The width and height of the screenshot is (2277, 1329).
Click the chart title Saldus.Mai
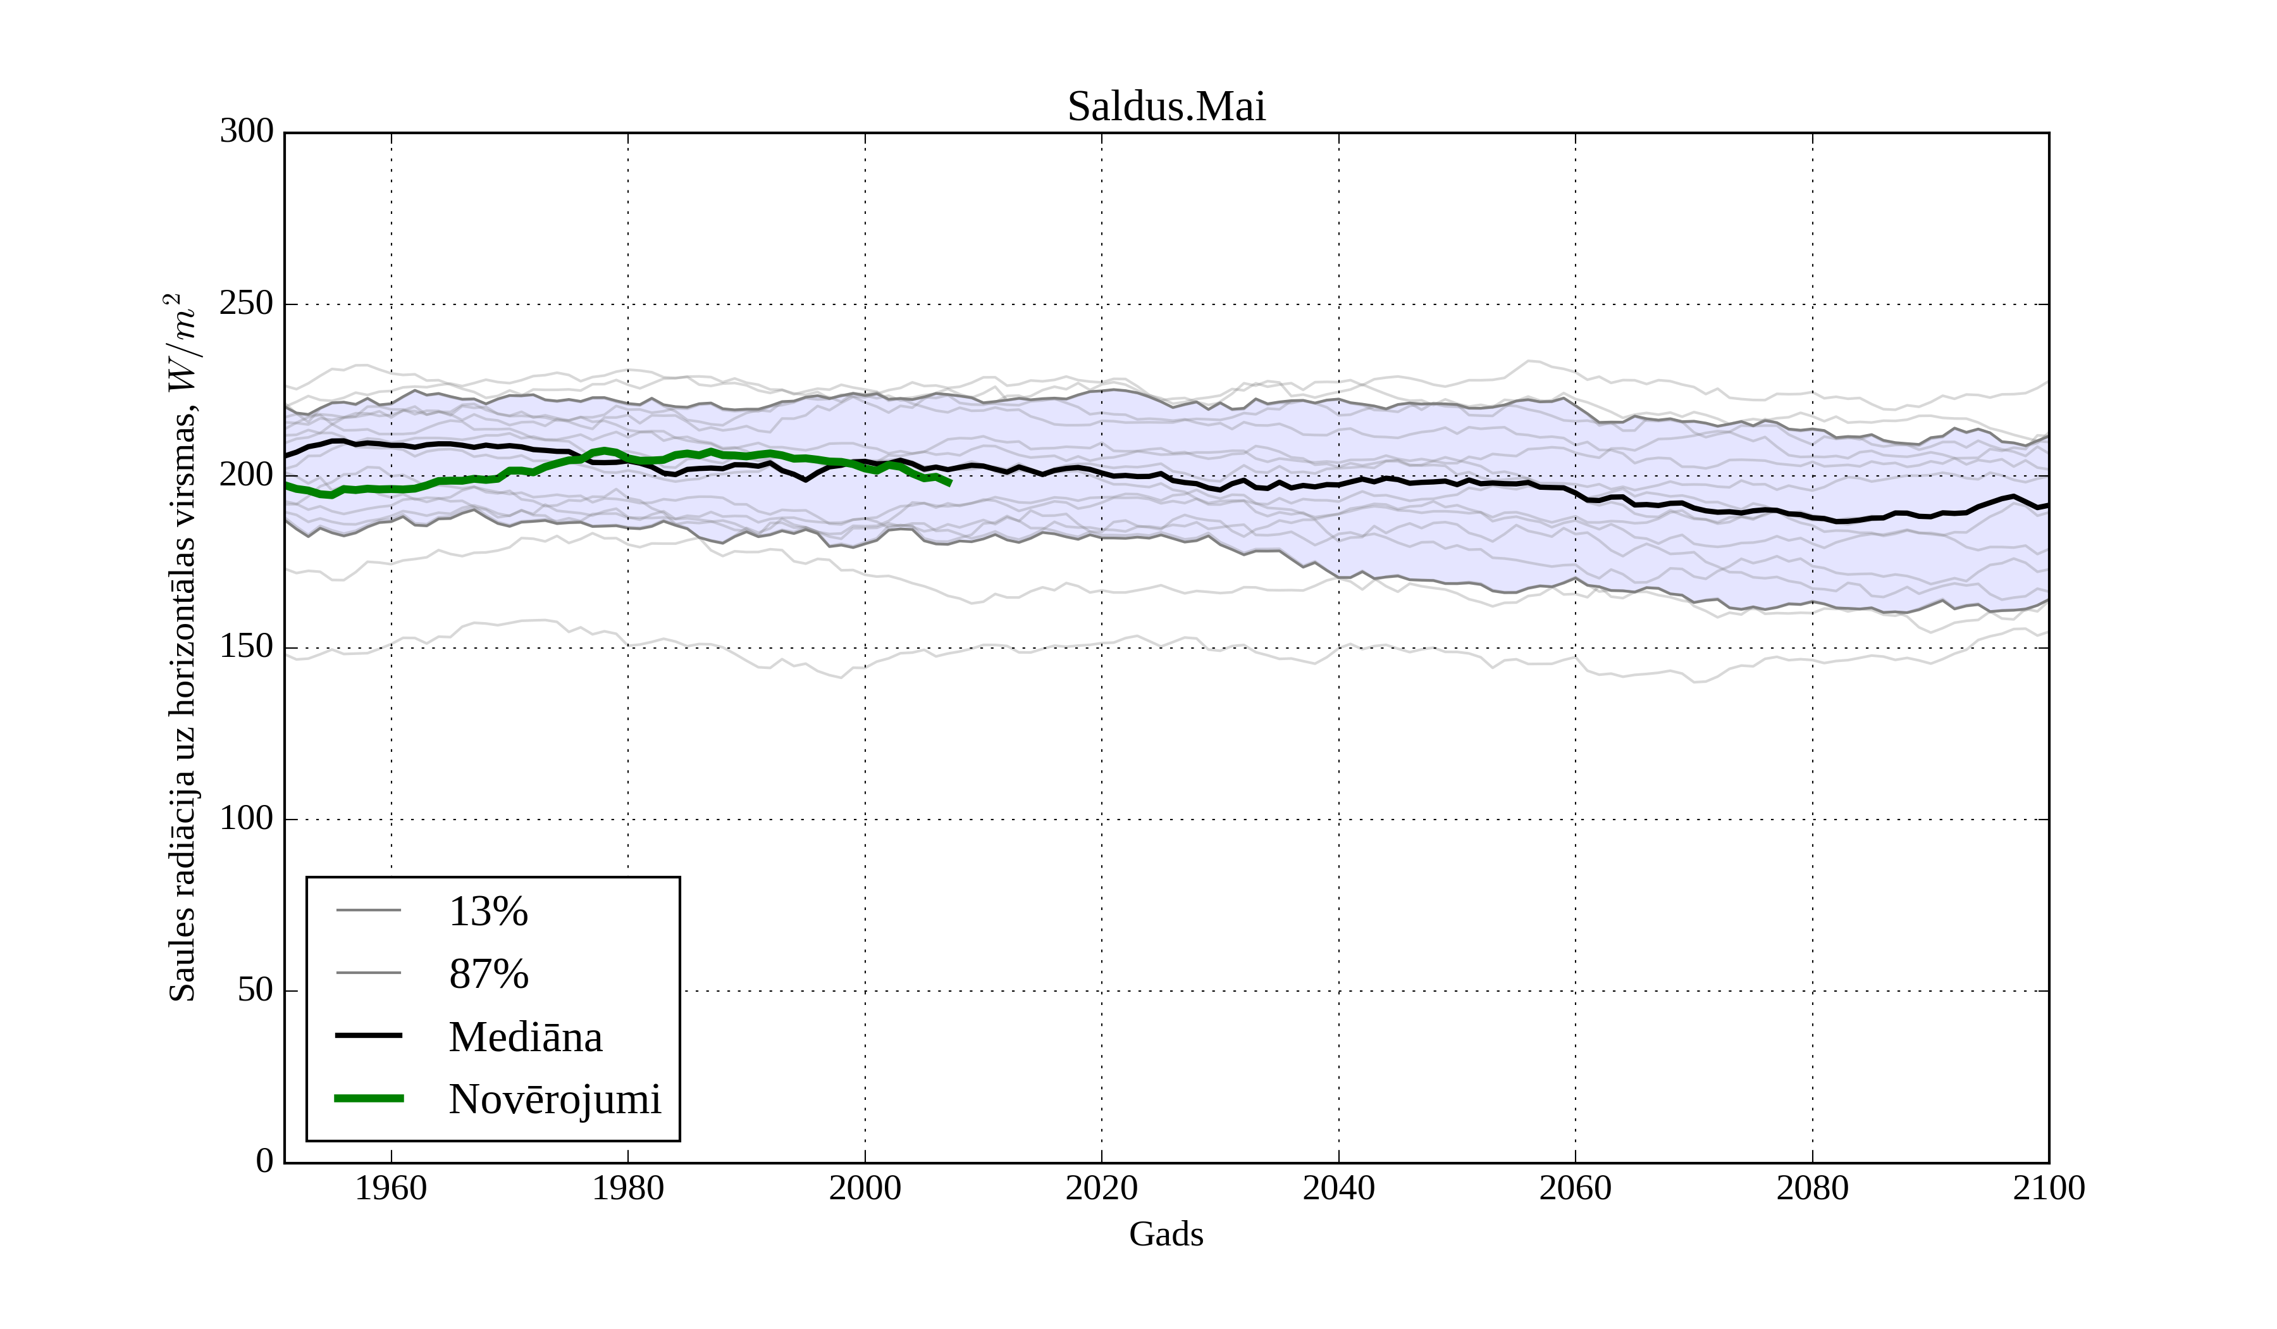1166,107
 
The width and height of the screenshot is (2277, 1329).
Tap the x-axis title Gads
1166,1234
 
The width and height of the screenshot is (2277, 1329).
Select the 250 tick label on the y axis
247,304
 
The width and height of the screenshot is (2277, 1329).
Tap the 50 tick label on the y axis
255,990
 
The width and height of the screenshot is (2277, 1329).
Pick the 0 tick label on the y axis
265,1161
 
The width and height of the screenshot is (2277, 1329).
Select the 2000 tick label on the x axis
865,1188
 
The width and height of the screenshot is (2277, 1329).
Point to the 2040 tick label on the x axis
1338,1188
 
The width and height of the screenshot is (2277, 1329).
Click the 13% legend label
488,911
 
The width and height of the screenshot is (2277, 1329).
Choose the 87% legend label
488,974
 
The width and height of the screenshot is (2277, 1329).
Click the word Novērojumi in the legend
555,1099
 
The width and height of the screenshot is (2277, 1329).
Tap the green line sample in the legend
369,1099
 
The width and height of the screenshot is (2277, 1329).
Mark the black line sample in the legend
369,1035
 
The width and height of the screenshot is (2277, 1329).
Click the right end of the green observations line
949,484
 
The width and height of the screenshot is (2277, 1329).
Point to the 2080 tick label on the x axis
1811,1188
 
